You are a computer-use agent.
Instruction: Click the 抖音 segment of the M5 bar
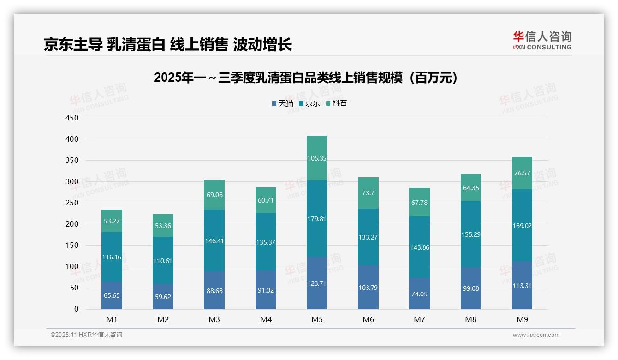(x=316, y=158)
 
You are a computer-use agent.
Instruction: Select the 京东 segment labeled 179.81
(x=316, y=219)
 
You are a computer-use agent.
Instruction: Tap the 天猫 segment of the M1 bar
(x=112, y=295)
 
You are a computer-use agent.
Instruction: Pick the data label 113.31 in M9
(x=522, y=286)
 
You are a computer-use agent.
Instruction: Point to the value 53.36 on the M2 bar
(x=163, y=226)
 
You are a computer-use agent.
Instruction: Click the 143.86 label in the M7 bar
(x=419, y=247)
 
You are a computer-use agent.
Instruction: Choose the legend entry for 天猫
(x=282, y=103)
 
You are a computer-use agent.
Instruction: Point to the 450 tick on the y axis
(x=72, y=118)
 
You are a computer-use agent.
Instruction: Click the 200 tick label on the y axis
(x=72, y=224)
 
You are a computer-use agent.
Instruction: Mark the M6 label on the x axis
(x=368, y=319)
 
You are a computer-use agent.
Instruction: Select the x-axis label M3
(x=214, y=319)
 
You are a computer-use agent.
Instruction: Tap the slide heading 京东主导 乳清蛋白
(x=168, y=44)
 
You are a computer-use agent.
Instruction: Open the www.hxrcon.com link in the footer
(x=535, y=335)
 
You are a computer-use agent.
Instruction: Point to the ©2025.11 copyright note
(x=86, y=335)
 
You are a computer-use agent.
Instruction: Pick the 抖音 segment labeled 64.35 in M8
(x=470, y=188)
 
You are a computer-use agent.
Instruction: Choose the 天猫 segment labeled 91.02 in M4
(x=265, y=290)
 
